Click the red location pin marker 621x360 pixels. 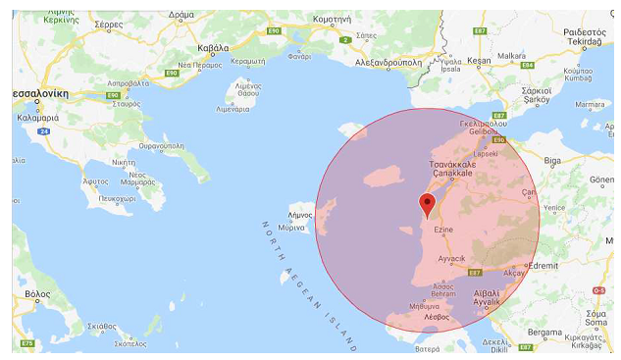427,204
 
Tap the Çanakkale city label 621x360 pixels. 452,171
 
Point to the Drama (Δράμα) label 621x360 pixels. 181,16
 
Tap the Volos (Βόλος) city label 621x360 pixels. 38,293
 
